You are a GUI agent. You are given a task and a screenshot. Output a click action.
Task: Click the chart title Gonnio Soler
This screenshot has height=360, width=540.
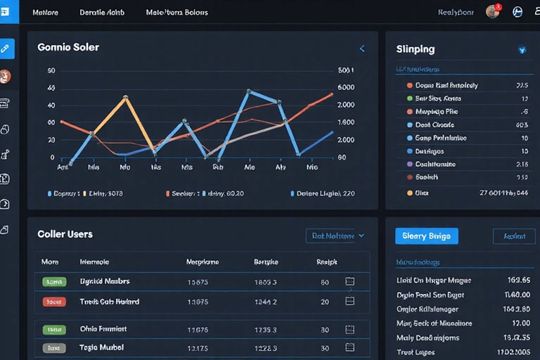point(68,48)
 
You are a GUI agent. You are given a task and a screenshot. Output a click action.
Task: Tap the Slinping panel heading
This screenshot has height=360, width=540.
point(416,49)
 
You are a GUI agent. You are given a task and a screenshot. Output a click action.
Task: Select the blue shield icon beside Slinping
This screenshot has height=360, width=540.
point(522,50)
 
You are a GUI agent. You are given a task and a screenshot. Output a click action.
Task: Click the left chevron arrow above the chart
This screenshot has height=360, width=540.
point(362,49)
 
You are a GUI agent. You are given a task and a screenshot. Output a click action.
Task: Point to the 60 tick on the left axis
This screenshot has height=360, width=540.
point(51,71)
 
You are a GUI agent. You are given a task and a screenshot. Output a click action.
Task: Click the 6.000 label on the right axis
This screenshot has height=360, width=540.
point(346,88)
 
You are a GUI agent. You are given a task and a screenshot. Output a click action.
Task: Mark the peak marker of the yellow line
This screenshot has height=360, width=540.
point(125,98)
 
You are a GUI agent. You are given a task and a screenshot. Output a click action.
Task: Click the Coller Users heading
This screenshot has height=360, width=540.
point(65,234)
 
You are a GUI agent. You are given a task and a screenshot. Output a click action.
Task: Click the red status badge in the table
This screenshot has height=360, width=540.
point(53,302)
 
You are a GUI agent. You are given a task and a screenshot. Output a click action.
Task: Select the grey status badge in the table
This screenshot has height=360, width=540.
point(53,347)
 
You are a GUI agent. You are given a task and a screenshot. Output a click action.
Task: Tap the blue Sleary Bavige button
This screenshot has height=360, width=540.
point(426,236)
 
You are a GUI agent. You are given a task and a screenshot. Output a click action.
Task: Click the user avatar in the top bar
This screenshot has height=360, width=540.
point(491,12)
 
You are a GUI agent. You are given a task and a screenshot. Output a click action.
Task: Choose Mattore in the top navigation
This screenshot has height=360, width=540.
point(46,13)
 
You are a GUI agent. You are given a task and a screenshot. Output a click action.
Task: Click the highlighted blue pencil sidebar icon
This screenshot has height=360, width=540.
point(6,49)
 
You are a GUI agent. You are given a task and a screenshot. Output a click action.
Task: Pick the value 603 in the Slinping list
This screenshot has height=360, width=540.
point(521,124)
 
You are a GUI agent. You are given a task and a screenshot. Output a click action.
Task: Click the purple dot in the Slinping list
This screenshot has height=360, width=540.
point(409,164)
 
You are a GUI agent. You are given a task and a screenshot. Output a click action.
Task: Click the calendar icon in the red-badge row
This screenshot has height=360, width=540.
point(349,301)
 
